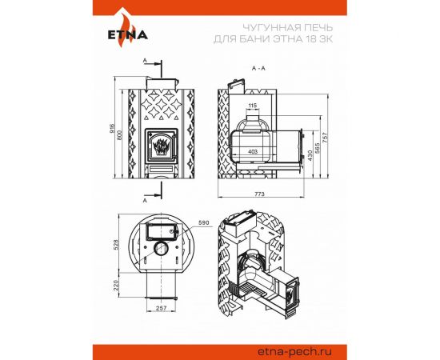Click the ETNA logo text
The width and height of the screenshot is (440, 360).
pyautogui.click(x=128, y=34)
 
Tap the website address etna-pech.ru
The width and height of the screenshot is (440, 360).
pyautogui.click(x=294, y=351)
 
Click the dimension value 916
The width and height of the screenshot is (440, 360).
pyautogui.click(x=111, y=128)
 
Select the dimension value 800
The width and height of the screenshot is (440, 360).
pyautogui.click(x=119, y=135)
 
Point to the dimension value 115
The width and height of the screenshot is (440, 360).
pyautogui.click(x=253, y=106)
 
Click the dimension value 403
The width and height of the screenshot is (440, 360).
pyautogui.click(x=253, y=152)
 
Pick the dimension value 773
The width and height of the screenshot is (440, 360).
pyautogui.click(x=259, y=194)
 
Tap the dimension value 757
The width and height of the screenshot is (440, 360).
pyautogui.click(x=325, y=138)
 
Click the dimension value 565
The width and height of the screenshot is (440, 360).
pyautogui.click(x=318, y=148)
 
